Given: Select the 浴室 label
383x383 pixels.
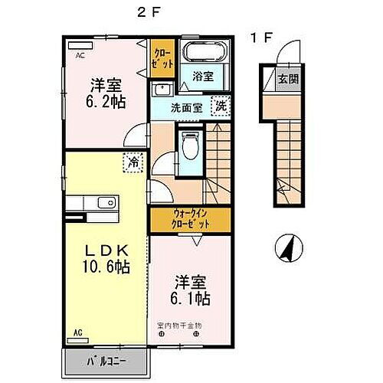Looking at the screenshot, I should pyautogui.click(x=202, y=77).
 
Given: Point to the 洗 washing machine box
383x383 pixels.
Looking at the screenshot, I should pyautogui.click(x=219, y=106).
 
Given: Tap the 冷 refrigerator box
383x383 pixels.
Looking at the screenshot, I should pyautogui.click(x=133, y=162).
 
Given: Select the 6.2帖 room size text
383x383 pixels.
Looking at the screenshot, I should pyautogui.click(x=105, y=100).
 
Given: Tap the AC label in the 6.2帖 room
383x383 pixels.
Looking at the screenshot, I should pyautogui.click(x=80, y=56).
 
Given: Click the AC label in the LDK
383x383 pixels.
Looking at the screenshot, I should pyautogui.click(x=78, y=332).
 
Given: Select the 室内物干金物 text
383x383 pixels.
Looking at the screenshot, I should pyautogui.click(x=179, y=326).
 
